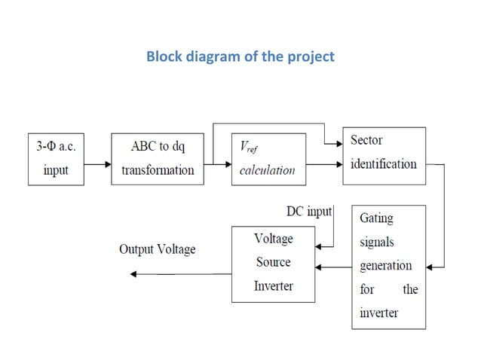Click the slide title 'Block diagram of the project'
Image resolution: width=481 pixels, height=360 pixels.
(x=240, y=56)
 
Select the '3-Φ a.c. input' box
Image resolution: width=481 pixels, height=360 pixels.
(x=56, y=159)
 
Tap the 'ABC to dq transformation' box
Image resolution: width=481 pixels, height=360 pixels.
(x=158, y=159)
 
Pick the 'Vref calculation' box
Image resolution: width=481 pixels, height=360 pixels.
(x=268, y=159)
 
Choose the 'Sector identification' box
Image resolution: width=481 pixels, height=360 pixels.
(x=384, y=153)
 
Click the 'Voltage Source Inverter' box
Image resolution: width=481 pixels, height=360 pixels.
(x=273, y=263)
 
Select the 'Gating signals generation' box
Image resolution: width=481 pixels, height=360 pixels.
(x=388, y=266)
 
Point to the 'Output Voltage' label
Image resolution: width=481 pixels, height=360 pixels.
(x=157, y=249)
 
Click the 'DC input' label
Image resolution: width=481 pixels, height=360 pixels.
(x=309, y=212)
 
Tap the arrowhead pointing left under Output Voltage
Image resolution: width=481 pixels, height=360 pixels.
(x=134, y=274)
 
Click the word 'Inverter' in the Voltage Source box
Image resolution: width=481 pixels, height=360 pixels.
(x=273, y=286)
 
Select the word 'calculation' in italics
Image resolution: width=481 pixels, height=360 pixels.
(x=267, y=170)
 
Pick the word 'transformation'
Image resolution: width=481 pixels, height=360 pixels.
(x=158, y=170)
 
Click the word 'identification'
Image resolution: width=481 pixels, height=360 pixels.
(x=383, y=163)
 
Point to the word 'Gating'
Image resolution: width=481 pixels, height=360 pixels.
(x=376, y=218)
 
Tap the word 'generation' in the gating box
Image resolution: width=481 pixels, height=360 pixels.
(x=385, y=266)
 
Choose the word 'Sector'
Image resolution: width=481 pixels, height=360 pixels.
(x=366, y=141)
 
